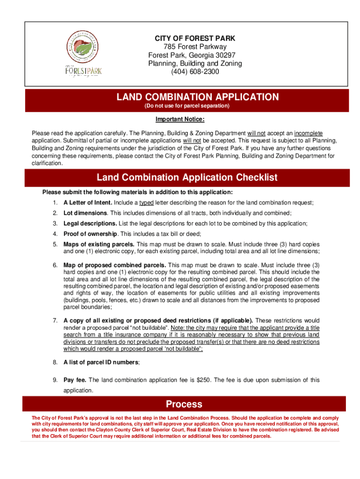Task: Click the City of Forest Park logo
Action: click(x=83, y=54)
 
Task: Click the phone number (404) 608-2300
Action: click(x=195, y=72)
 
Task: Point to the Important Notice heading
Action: click(x=180, y=119)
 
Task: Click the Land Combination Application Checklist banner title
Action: click(x=187, y=178)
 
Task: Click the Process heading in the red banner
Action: click(x=184, y=404)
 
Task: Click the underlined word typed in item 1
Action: click(x=146, y=203)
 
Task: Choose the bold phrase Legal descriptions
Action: click(x=90, y=224)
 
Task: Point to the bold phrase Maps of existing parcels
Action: click(x=99, y=244)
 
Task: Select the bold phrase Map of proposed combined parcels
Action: click(x=115, y=265)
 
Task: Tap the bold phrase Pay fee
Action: click(x=75, y=380)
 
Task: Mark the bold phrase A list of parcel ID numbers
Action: click(x=101, y=362)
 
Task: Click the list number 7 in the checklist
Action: click(x=55, y=320)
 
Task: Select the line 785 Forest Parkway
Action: click(x=195, y=46)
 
